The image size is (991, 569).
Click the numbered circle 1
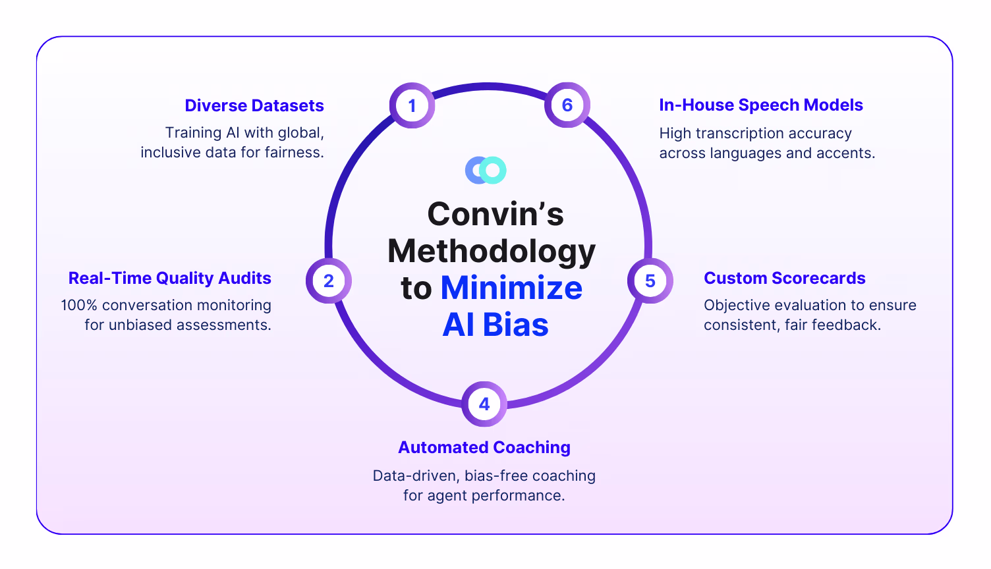412,105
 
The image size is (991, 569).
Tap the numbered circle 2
329,281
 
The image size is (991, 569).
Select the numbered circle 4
484,404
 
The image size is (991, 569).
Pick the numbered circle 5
650,281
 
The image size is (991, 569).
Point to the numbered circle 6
567,105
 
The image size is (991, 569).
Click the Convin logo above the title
486,170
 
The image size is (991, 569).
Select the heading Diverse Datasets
254,105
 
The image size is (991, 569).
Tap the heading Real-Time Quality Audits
170,278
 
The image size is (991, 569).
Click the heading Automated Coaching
484,447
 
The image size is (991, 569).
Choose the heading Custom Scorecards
784,278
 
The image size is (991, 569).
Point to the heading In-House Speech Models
761,105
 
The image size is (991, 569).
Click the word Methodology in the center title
492,251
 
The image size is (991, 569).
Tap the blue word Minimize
511,288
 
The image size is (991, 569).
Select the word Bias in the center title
515,325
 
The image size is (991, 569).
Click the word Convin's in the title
495,214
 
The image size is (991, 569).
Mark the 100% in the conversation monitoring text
79,305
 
